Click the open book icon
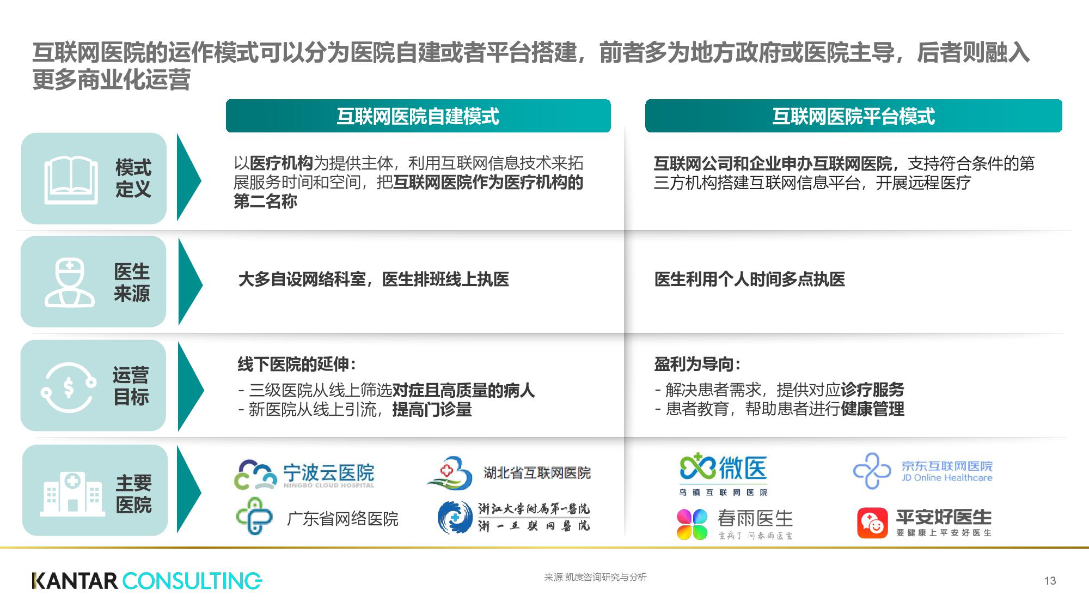point(71,179)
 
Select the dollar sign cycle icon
point(69,387)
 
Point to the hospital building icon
point(72,494)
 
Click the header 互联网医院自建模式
point(418,116)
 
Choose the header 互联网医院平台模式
point(853,116)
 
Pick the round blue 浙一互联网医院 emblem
point(455,517)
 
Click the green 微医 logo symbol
point(698,468)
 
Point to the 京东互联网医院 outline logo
point(872,471)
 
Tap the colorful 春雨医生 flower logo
point(692,524)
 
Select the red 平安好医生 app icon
point(872,523)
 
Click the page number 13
point(1050,581)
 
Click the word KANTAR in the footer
point(75,581)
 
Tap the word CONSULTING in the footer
point(192,581)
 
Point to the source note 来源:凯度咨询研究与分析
point(595,577)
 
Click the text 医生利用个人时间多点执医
point(749,280)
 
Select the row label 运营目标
point(131,386)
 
